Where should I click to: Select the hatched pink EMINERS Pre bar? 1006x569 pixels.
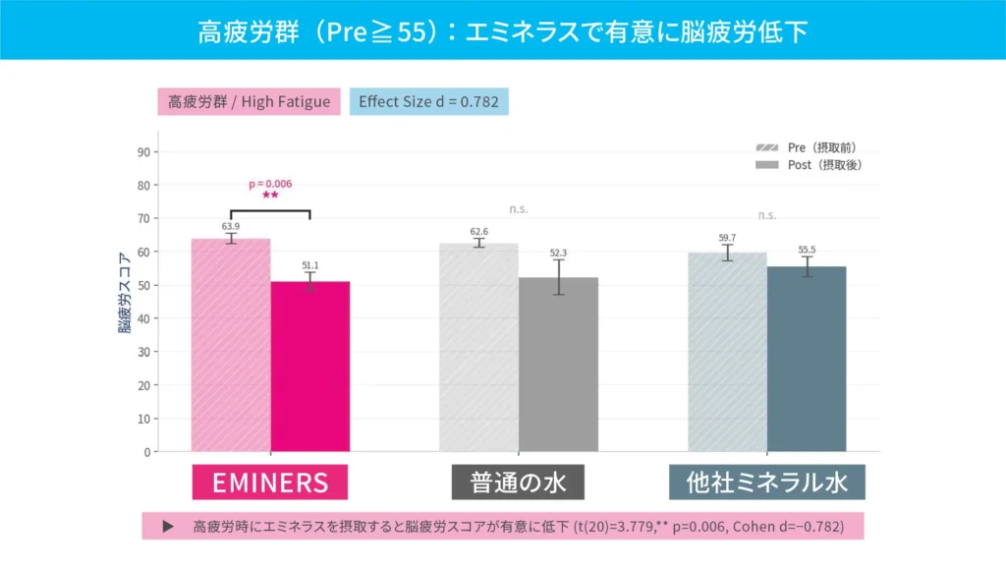[231, 345]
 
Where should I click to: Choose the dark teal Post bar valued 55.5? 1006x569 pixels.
[807, 359]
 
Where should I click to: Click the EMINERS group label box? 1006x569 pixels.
[270, 483]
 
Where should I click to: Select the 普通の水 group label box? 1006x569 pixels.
[518, 483]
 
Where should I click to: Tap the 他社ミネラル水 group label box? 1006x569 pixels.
[766, 483]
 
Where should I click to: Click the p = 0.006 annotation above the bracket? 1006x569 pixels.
[270, 184]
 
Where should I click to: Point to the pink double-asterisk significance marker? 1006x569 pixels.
[270, 196]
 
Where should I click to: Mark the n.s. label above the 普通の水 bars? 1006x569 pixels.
[519, 208]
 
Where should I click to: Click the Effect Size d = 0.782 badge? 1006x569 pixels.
[429, 102]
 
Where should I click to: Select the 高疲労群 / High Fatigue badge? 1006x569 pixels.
[250, 102]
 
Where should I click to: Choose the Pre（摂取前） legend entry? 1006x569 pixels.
[810, 147]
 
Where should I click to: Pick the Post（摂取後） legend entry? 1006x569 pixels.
[810, 165]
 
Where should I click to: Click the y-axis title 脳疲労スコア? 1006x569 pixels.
[125, 295]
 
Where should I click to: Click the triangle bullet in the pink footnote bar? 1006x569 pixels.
[168, 526]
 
